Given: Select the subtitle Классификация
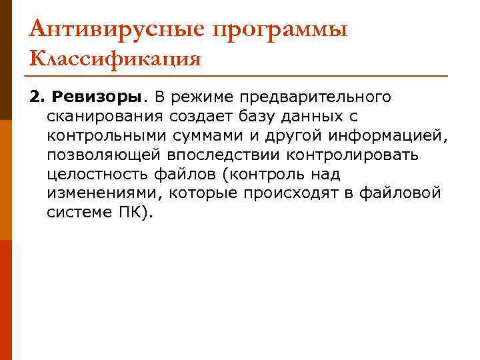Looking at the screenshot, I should [115, 59].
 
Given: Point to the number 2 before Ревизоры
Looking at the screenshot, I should [34, 98].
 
